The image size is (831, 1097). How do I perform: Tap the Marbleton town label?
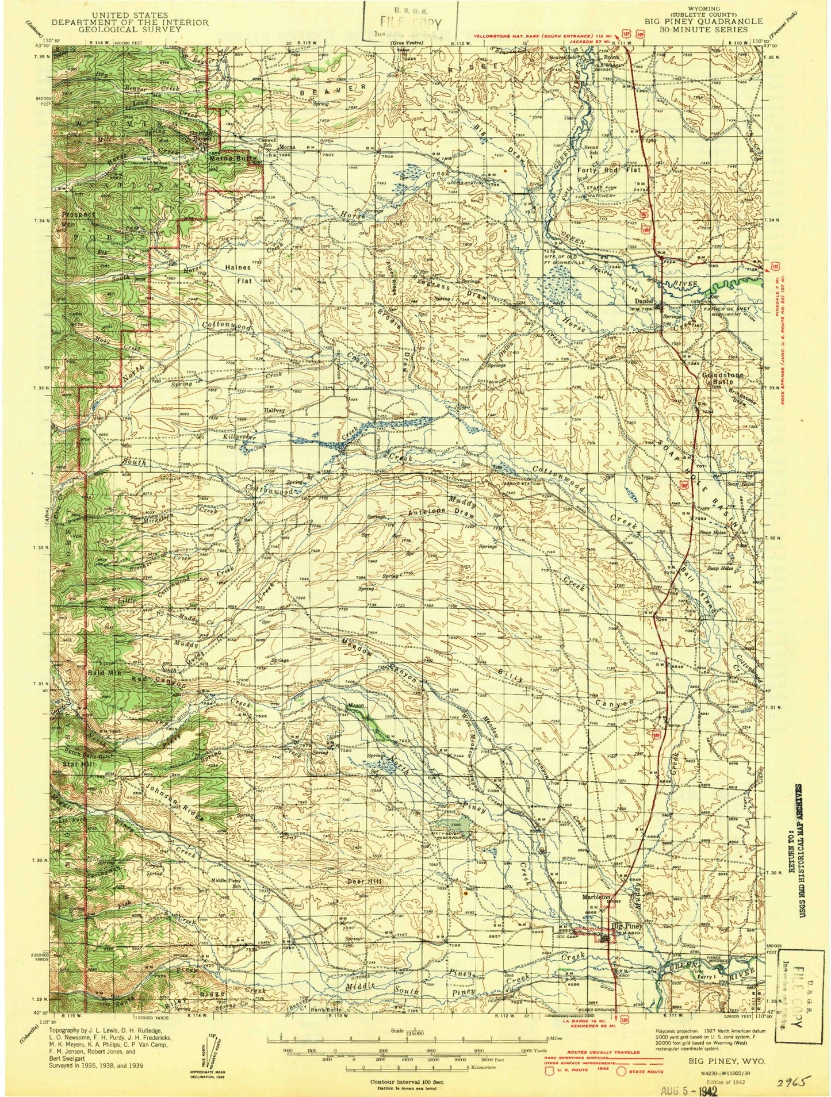(x=596, y=896)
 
